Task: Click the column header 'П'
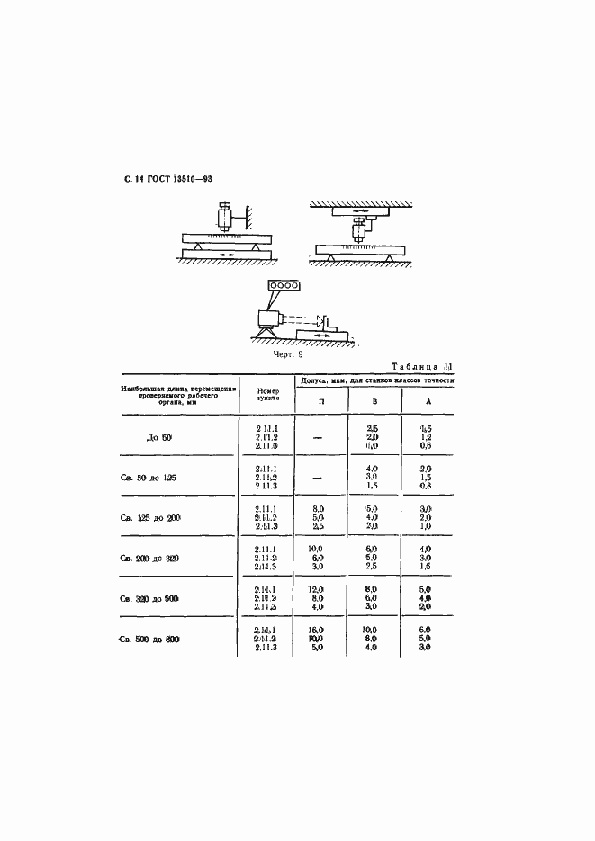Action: [x=321, y=402]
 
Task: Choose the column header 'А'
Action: [x=428, y=402]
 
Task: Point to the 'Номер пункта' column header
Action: [x=267, y=395]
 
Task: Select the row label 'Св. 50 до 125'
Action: [x=158, y=477]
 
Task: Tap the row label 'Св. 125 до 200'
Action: [x=158, y=519]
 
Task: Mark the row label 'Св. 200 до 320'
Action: [x=158, y=558]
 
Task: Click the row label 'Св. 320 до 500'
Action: [x=158, y=598]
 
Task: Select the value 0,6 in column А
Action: [x=427, y=445]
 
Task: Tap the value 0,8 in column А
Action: [x=427, y=486]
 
